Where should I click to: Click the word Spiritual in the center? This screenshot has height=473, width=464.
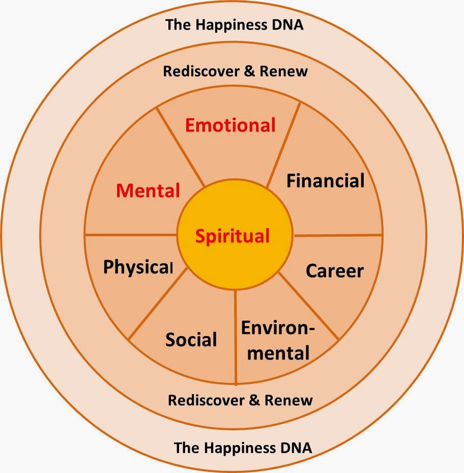(233, 236)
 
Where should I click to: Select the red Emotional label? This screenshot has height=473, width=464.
(230, 125)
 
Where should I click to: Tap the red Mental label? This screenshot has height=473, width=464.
(148, 190)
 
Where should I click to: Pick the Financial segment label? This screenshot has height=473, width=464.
(325, 181)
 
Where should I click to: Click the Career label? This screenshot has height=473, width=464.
(334, 271)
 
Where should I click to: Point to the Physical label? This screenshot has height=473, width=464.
(138, 267)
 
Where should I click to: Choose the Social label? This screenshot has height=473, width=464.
(191, 339)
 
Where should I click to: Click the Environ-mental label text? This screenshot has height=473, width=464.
(277, 340)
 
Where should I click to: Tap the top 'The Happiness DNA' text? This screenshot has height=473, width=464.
(234, 25)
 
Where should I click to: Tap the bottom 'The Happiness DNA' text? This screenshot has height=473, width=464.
(243, 448)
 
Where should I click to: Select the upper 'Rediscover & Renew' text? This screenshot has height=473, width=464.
(235, 71)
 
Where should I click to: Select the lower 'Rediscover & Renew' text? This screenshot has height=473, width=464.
(240, 400)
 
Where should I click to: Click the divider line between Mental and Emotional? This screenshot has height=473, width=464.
(181, 148)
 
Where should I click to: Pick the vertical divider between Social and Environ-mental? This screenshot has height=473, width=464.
(236, 336)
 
